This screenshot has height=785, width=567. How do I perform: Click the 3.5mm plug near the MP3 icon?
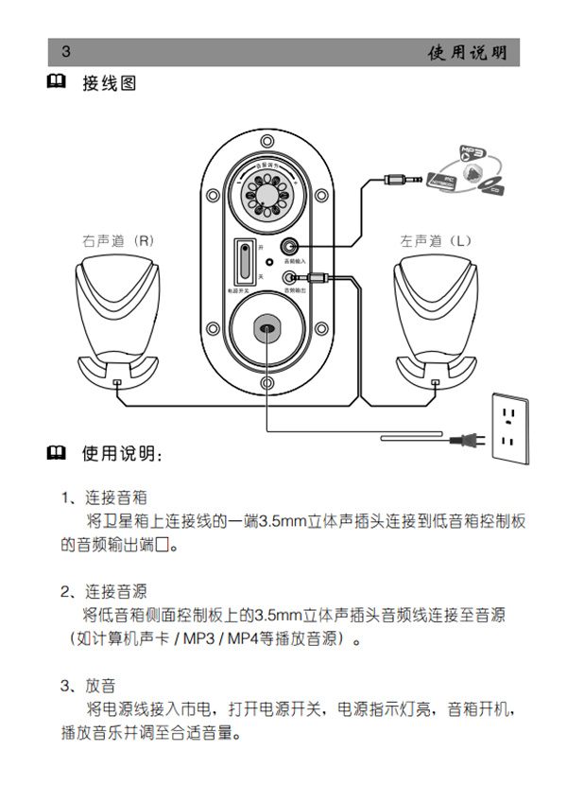pos(402,179)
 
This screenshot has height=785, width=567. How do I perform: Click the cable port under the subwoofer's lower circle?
pos(266,329)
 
